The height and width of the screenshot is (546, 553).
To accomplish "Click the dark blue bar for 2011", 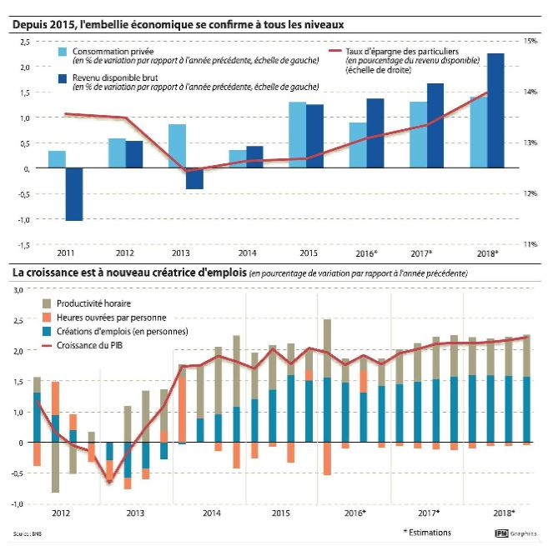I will (74, 194).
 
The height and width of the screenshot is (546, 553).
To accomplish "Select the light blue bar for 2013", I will (177, 146).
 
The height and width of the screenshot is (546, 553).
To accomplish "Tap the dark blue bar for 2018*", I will (495, 111).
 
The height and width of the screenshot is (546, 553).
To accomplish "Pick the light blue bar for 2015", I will (297, 135).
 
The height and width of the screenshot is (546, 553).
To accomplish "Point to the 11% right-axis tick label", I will (530, 244).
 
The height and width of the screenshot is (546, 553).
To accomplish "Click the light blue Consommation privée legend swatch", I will (63, 53).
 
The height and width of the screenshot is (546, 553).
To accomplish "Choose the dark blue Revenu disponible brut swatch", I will (63, 78).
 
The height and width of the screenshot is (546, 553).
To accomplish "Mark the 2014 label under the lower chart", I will (211, 513).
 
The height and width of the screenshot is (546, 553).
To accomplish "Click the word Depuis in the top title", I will (30, 25).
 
